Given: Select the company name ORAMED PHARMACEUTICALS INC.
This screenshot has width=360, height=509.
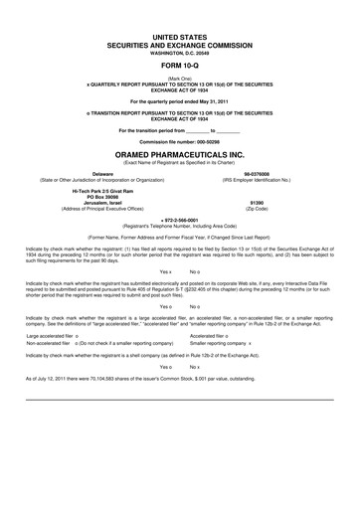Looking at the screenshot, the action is tap(180, 155).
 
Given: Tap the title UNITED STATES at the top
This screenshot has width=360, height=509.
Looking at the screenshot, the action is tap(180, 35).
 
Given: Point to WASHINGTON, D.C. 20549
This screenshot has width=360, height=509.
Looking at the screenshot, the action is tap(180, 51).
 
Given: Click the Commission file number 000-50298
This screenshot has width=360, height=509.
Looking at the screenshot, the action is tap(180, 141).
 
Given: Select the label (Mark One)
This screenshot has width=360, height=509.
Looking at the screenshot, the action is tap(180, 76).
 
